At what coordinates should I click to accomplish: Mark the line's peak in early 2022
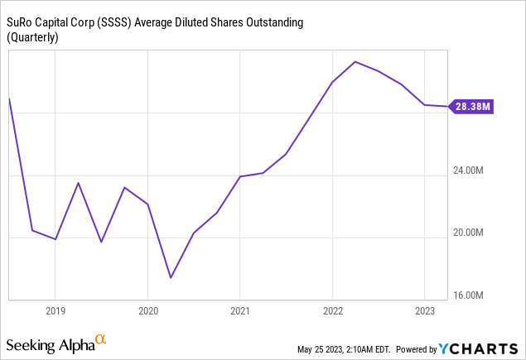click(355, 62)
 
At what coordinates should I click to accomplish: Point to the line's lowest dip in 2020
click(171, 277)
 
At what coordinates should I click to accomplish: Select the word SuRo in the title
click(22, 22)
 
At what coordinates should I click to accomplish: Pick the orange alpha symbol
click(101, 339)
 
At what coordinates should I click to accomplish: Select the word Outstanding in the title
click(270, 22)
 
